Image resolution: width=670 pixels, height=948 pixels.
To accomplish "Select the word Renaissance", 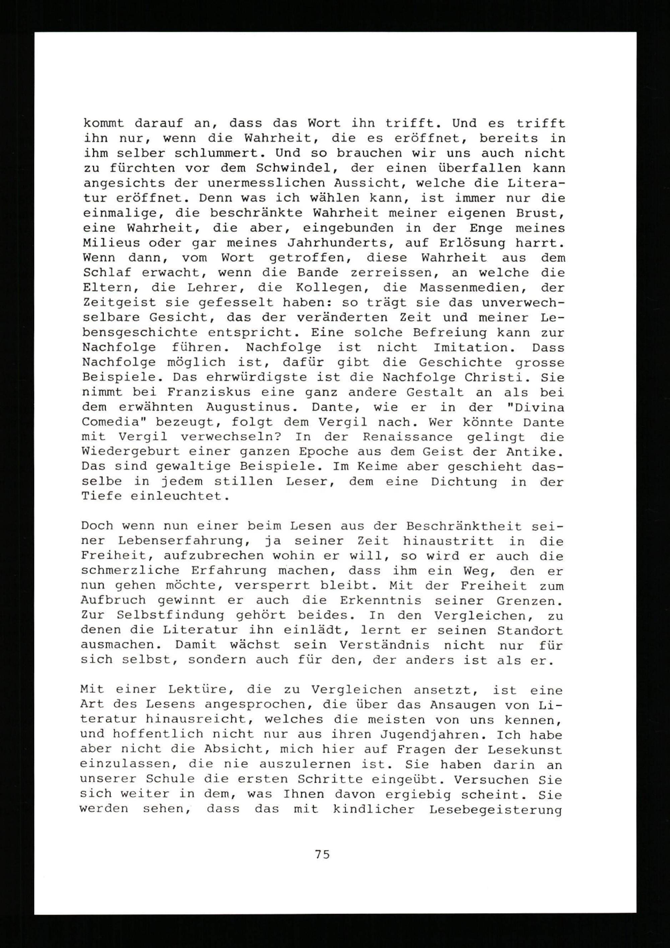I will pos(407,437).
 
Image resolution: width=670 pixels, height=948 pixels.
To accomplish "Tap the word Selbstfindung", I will pos(171,615).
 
